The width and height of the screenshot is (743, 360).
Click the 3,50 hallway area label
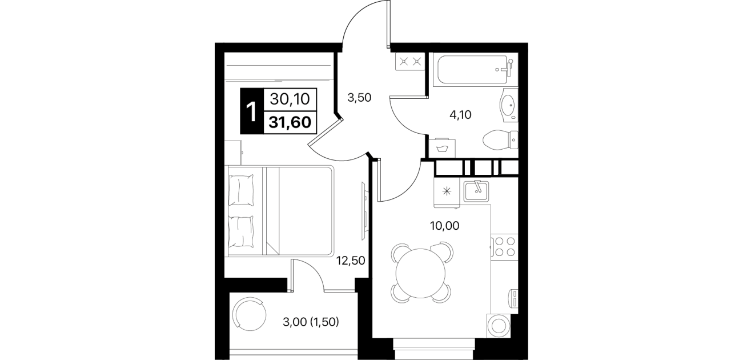point(359,98)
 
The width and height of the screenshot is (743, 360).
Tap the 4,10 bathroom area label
point(460,115)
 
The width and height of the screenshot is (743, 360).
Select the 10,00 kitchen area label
point(445,226)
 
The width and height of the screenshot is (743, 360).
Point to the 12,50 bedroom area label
point(351,261)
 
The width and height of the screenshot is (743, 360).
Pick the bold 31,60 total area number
point(290,122)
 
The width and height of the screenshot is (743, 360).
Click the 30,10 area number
point(290,99)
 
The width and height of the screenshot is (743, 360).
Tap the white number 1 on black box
point(252,112)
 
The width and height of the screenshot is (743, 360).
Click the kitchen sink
point(476,191)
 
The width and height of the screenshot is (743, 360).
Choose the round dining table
point(420,274)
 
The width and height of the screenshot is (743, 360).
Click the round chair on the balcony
point(250,314)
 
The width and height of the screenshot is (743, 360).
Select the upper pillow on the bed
point(241,190)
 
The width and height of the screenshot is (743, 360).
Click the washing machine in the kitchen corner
point(498,326)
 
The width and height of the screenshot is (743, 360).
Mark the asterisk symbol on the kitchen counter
point(447,191)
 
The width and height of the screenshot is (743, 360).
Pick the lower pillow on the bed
point(241,231)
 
